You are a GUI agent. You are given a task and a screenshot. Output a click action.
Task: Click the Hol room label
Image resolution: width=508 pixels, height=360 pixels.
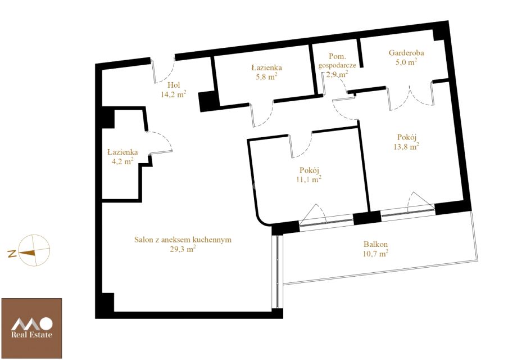[x=174, y=85]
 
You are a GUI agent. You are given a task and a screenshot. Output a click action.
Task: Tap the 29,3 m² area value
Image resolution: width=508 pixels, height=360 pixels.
[x=183, y=249]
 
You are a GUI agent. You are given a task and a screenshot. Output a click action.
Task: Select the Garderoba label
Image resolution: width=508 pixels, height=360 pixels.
[x=406, y=52]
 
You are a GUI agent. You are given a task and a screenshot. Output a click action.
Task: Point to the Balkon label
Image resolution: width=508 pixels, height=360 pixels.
[x=375, y=244]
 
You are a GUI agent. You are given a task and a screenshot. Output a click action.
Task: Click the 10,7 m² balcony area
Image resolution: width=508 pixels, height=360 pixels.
[x=375, y=253]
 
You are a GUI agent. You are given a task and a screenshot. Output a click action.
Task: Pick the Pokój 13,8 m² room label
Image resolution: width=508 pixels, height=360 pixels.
[x=406, y=142]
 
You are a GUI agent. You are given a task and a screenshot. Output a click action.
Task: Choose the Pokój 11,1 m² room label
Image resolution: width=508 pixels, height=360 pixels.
[x=309, y=175]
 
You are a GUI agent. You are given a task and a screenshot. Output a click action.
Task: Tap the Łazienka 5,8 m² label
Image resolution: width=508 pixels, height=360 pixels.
[x=266, y=72]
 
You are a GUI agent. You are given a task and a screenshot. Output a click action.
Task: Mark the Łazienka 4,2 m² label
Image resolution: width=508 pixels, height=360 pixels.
[x=123, y=156]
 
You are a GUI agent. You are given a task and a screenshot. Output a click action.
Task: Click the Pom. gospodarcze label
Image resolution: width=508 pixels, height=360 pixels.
[x=337, y=65]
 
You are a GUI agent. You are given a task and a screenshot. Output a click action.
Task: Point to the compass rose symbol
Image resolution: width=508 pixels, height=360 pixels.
[x=34, y=250]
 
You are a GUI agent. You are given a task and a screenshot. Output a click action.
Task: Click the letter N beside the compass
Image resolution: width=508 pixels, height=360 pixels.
[x=12, y=254]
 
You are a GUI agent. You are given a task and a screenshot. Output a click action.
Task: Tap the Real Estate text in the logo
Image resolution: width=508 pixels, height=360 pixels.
[x=31, y=335]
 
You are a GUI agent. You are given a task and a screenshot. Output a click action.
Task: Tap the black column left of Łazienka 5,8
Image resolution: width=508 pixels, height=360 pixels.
[x=207, y=101]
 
